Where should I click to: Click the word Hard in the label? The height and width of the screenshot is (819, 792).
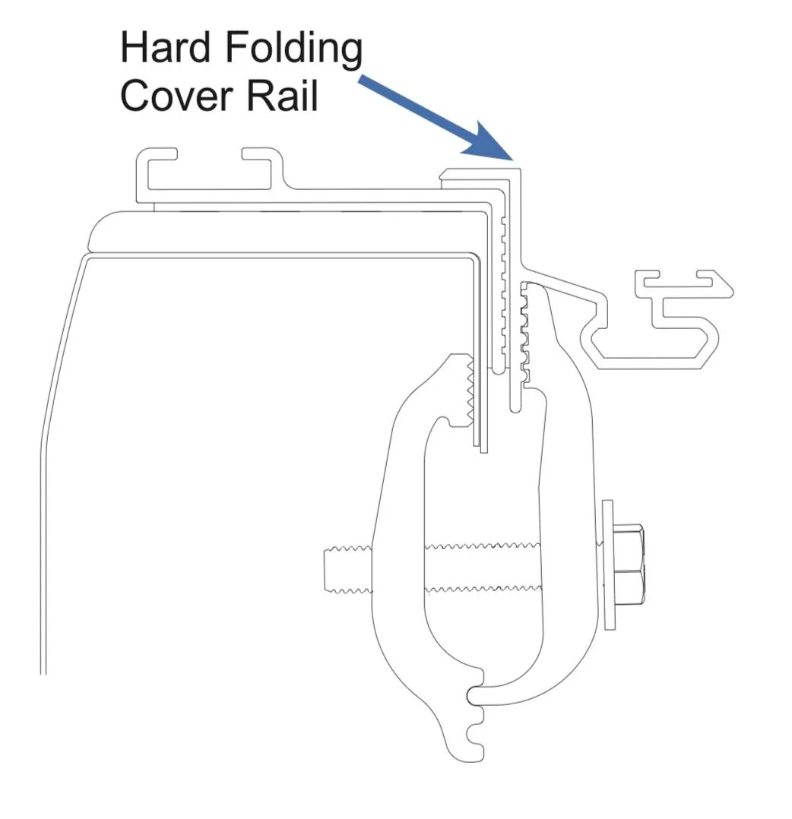click(165, 47)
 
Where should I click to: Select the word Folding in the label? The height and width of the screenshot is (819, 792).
click(293, 50)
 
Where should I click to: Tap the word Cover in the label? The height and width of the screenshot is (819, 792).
click(176, 96)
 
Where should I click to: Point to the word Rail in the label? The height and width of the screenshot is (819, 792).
click(282, 95)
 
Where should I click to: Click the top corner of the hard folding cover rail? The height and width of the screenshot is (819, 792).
click(521, 169)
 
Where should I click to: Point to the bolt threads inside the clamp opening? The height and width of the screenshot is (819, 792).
click(483, 569)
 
